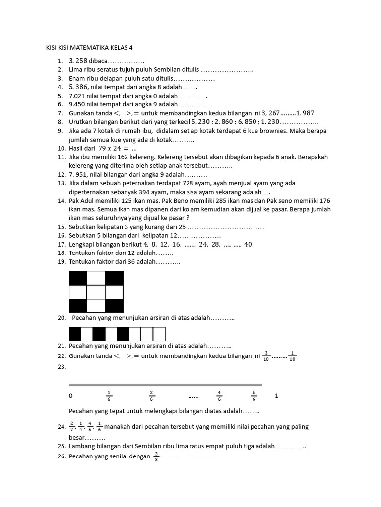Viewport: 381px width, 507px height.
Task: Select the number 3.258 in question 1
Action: click(x=78, y=61)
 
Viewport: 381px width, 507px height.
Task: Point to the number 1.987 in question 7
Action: click(x=305, y=113)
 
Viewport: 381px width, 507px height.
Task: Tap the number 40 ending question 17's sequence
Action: click(x=248, y=244)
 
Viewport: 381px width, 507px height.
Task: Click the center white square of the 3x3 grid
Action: click(x=96, y=292)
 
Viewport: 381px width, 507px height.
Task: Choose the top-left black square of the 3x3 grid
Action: click(x=78, y=278)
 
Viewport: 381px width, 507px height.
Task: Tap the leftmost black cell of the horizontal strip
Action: click(x=75, y=334)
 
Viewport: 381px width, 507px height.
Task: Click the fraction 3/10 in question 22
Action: click(x=266, y=356)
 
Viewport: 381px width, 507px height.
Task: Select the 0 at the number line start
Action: click(x=71, y=396)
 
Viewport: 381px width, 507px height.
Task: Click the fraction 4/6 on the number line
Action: click(x=219, y=395)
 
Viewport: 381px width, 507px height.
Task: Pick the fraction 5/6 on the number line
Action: click(x=254, y=395)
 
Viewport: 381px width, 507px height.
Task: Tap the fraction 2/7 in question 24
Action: click(x=72, y=426)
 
